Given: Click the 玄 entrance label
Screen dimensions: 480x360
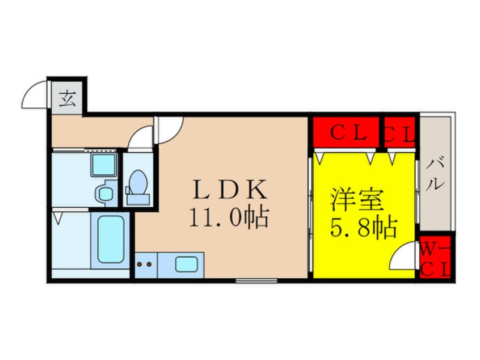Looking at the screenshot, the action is point(68,99).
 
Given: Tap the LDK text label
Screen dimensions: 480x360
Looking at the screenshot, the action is point(229,190).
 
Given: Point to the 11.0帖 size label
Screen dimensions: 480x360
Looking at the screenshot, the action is point(229,217).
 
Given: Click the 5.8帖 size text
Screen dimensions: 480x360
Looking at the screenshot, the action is point(364,228).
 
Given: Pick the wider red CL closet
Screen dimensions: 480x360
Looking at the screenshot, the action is point(346,132).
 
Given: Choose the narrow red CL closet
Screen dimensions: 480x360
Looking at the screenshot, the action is point(399,132).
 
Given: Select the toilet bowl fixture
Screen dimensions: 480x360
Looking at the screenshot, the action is point(137,187).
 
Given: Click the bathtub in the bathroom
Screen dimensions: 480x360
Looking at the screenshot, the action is point(111,240).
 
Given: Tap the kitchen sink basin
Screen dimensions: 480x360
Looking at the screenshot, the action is point(187,264).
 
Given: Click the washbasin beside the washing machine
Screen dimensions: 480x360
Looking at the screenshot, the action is point(106,193).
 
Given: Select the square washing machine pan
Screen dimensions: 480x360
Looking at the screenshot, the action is point(104,165).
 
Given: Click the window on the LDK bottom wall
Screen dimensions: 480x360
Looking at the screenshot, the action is point(256,281).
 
